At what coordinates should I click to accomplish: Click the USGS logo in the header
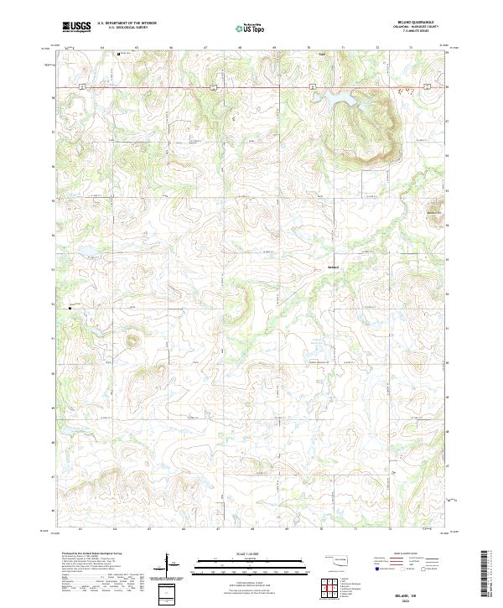pos(76,26)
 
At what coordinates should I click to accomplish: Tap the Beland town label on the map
pos(333,268)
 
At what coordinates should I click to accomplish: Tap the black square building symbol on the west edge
pos(70,308)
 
